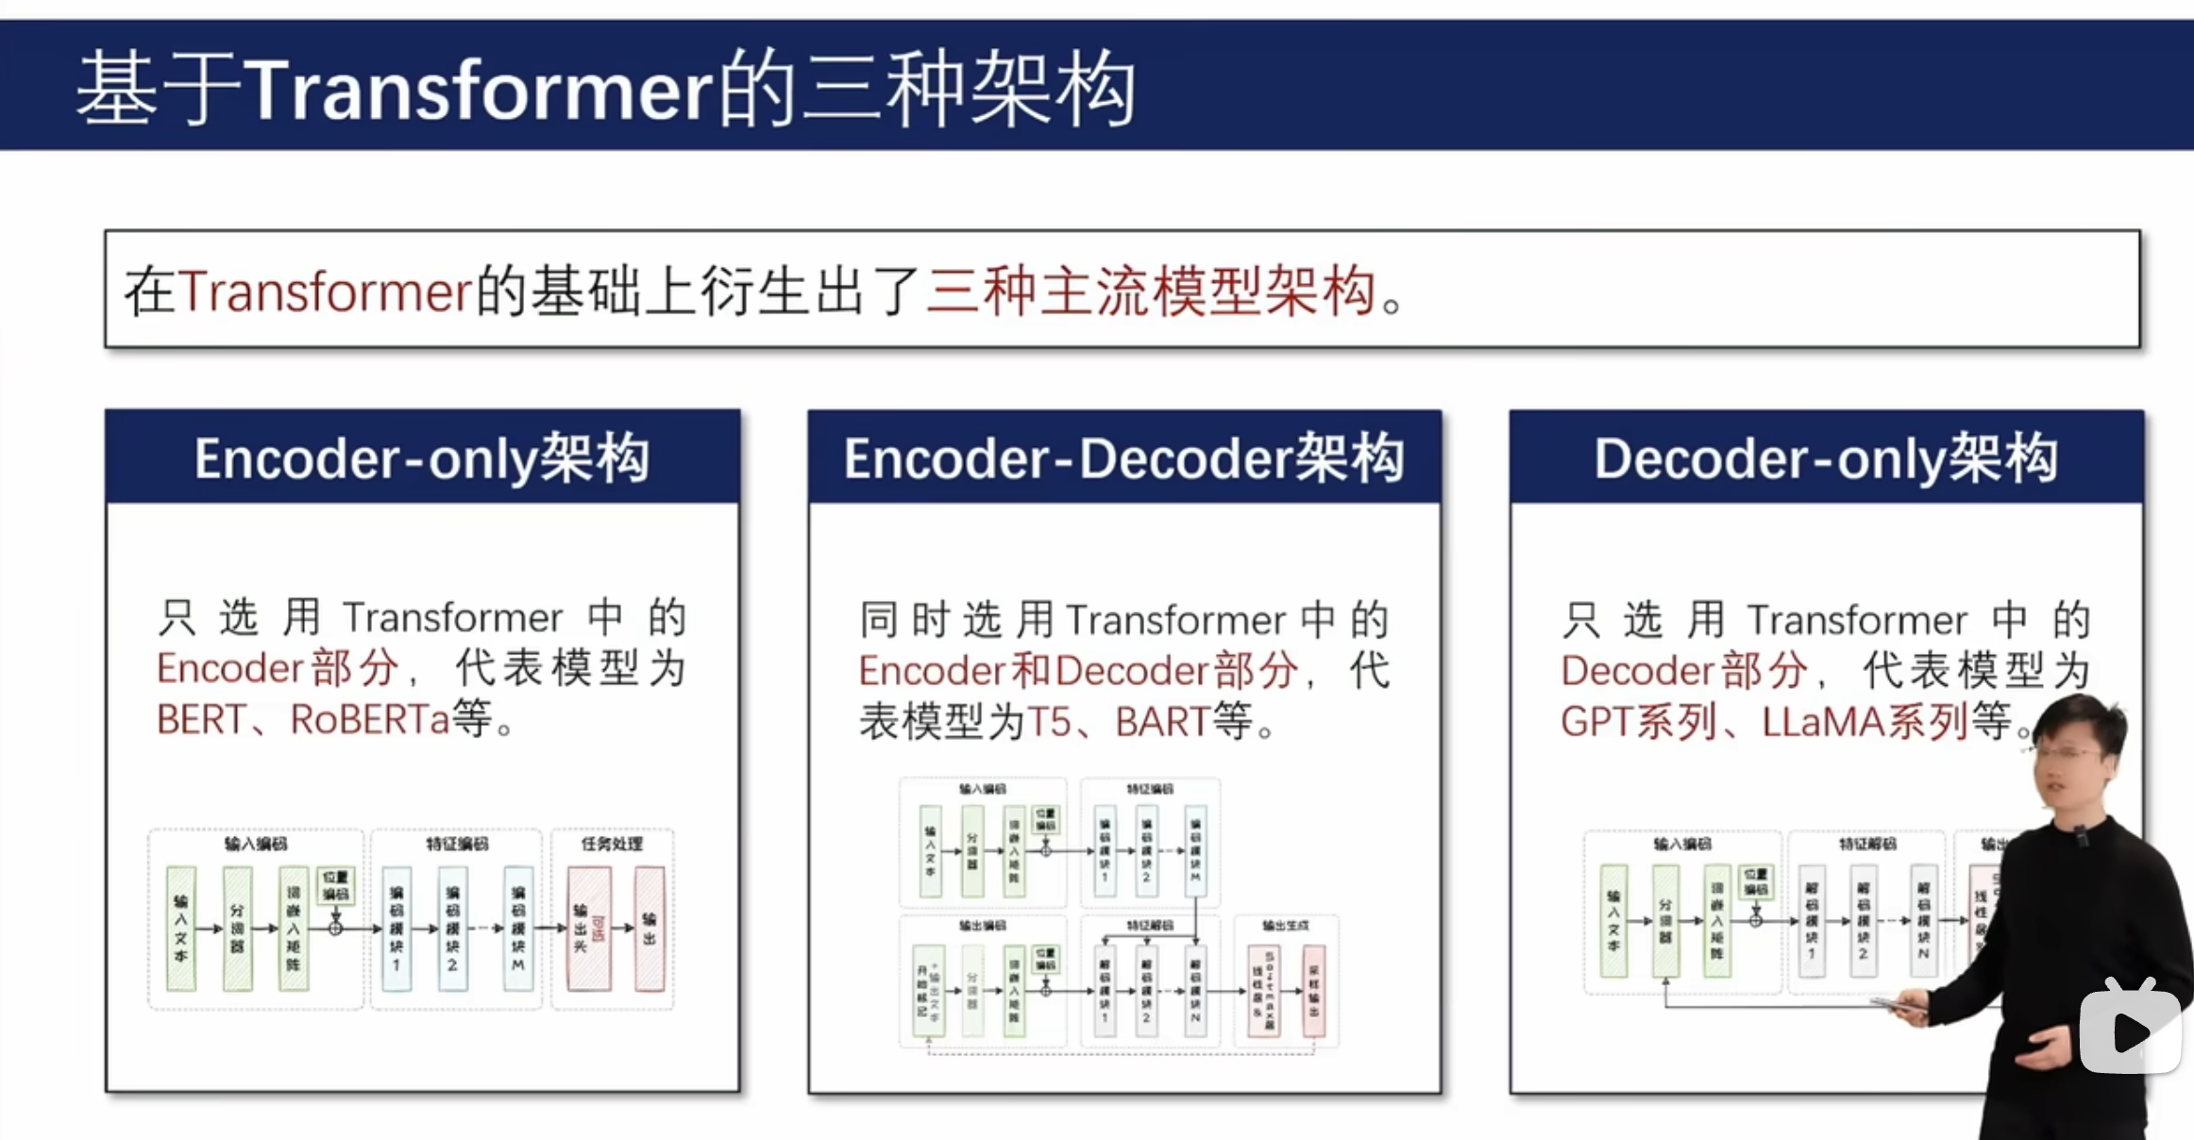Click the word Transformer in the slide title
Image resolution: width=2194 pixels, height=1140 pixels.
click(478, 91)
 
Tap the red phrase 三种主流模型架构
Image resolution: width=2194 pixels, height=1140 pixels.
click(1152, 291)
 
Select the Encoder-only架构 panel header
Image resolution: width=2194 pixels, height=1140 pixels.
click(422, 458)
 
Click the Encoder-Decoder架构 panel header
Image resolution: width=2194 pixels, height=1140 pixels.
click(1123, 458)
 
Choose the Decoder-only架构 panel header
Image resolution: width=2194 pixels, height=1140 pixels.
click(1826, 458)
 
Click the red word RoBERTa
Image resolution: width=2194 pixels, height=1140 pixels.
click(369, 720)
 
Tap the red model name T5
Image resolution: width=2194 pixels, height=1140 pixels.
click(1048, 723)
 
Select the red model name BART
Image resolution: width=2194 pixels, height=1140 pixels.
click(1161, 723)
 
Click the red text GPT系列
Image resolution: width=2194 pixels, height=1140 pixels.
click(1638, 723)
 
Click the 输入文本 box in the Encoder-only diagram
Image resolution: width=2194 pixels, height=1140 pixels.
click(181, 929)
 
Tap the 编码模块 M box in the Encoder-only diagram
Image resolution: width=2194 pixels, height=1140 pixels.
click(517, 929)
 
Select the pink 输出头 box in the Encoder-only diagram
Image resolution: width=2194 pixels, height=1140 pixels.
click(587, 929)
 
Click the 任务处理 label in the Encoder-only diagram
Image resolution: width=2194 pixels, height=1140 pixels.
click(612, 844)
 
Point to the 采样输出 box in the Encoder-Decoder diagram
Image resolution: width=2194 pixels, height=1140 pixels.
click(1314, 992)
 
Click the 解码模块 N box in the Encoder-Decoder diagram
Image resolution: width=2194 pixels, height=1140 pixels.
click(1195, 992)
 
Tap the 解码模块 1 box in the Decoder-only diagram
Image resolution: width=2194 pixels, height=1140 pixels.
click(1811, 920)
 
